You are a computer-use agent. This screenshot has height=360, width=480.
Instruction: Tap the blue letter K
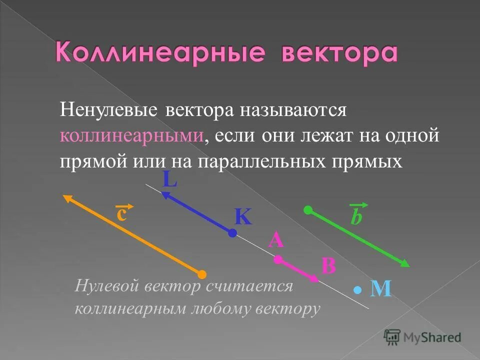[x=243, y=217]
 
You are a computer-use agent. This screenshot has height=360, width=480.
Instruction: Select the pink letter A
[x=276, y=241]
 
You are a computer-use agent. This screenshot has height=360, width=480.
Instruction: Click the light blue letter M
[x=380, y=289]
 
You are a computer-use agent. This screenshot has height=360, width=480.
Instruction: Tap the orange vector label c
[x=122, y=213]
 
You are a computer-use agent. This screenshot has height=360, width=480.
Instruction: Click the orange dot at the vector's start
[x=201, y=274]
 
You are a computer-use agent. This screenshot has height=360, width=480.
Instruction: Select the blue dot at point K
[x=232, y=232]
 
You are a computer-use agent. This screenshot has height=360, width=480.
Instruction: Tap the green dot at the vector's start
[x=308, y=209]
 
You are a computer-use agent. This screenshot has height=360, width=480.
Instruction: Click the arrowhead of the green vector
[x=405, y=263]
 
